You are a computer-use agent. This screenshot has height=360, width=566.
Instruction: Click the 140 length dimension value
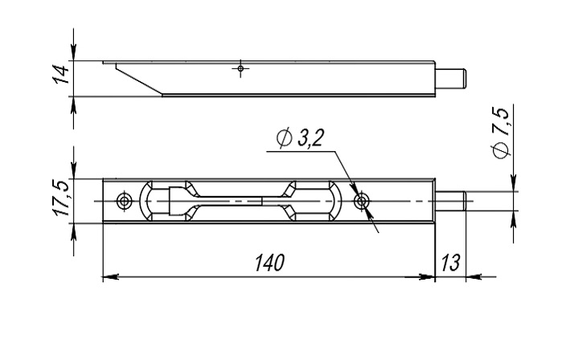269,262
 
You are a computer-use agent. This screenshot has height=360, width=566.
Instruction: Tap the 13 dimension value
450,262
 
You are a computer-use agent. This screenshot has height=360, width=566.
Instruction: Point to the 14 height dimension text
61,74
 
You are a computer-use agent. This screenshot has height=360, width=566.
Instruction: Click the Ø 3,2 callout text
300,138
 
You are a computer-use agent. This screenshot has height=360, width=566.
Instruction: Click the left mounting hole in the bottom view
124,201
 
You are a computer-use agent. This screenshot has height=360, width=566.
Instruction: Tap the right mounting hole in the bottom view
361,201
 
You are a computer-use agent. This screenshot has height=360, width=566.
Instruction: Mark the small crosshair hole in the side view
240,68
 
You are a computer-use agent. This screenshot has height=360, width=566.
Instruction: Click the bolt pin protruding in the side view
451,79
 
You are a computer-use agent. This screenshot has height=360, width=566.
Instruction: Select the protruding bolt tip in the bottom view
450,201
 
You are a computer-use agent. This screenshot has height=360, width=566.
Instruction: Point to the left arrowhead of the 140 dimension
111,277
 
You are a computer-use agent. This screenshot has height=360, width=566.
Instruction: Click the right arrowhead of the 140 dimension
427,277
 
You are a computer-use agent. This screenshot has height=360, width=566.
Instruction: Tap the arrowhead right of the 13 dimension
474,277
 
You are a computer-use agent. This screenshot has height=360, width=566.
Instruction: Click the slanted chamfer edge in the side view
139,80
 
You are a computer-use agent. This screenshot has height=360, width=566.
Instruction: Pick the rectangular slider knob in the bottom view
177,201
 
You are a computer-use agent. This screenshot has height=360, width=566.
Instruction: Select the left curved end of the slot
146,201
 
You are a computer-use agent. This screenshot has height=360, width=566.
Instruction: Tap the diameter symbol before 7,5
501,150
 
